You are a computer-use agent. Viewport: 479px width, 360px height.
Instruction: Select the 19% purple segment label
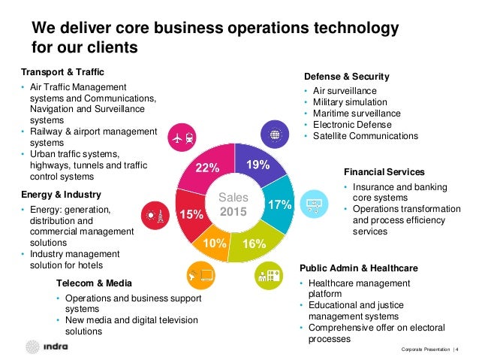tap(258, 163)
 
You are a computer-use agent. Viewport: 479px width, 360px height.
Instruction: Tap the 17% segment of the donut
tap(279, 204)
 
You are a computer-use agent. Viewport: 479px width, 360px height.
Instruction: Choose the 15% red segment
tap(191, 213)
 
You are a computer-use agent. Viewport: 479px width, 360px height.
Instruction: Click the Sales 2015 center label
tap(233, 204)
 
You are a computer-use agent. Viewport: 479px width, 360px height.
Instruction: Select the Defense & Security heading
tap(346, 77)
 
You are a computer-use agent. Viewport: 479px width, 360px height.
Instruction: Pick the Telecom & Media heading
tap(94, 283)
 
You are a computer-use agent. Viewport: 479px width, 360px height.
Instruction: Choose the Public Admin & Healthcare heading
tap(359, 268)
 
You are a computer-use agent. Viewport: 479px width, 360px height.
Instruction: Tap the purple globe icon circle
tap(275, 135)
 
